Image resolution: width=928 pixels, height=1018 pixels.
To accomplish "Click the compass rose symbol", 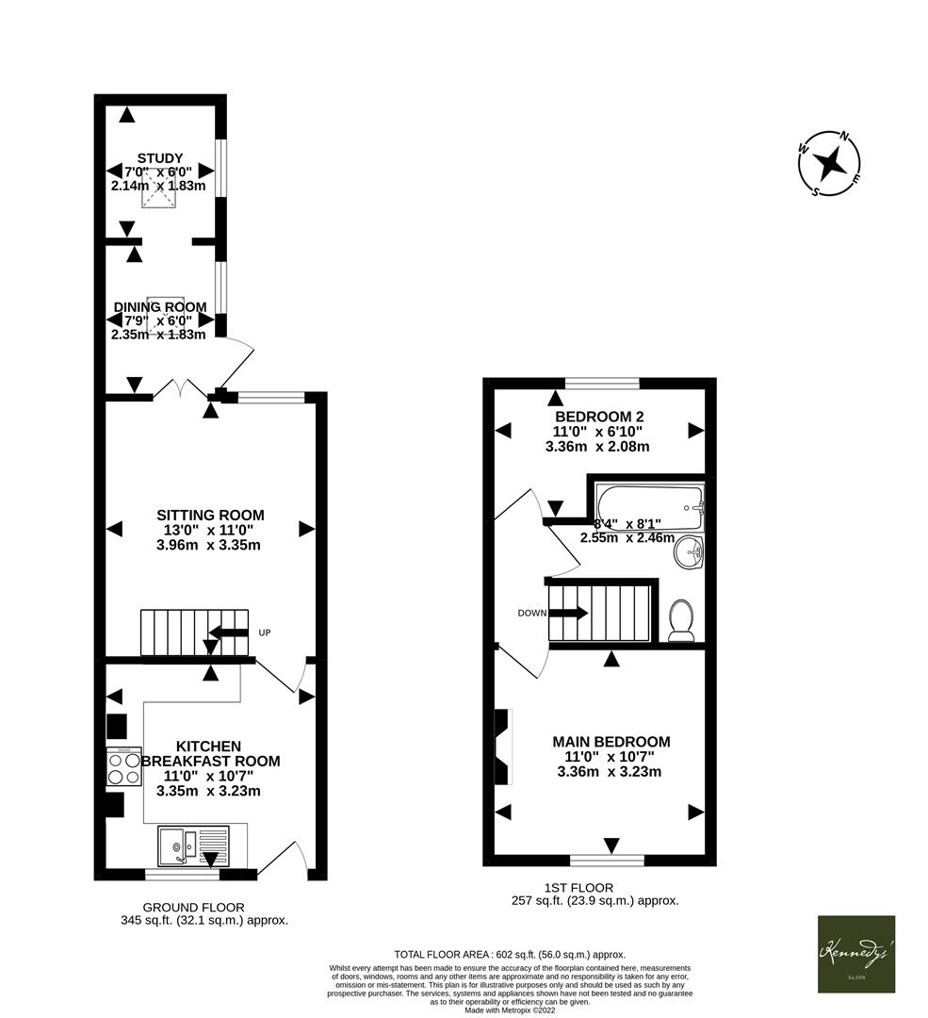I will click(x=829, y=165).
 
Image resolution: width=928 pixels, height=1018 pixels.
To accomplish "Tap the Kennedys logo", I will click(x=855, y=954).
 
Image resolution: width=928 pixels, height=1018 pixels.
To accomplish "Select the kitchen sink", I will click(x=192, y=845).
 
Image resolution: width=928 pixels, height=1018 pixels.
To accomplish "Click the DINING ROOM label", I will click(x=159, y=307).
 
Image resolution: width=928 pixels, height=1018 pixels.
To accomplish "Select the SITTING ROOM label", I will click(x=210, y=515).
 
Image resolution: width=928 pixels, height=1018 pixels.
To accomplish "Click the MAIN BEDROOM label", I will click(x=611, y=742).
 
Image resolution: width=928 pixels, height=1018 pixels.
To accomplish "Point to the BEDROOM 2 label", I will click(x=599, y=417).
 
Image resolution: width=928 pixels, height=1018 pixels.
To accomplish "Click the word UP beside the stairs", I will click(x=265, y=632).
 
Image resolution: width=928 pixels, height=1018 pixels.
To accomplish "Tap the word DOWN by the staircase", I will click(x=531, y=613).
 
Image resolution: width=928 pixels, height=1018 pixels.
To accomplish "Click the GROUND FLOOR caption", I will click(x=203, y=907).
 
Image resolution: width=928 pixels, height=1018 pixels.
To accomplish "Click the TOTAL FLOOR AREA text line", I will click(x=510, y=954).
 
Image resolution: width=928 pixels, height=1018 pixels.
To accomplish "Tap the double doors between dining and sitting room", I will click(x=181, y=389).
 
